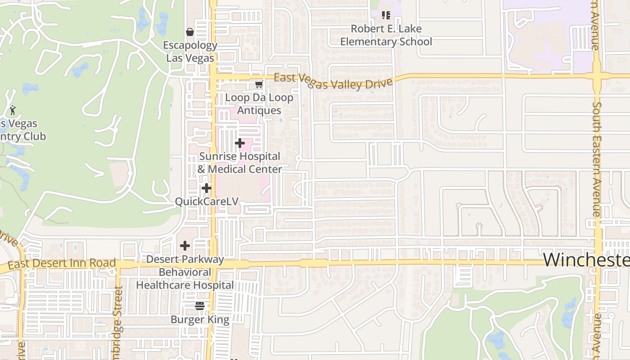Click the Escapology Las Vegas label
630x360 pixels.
pyautogui.click(x=190, y=52)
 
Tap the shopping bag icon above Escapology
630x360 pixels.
pyautogui.click(x=190, y=32)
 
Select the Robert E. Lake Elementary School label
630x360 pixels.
pyautogui.click(x=386, y=35)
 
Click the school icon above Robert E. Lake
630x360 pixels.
pyautogui.click(x=386, y=15)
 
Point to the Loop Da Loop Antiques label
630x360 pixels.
pyautogui.click(x=259, y=104)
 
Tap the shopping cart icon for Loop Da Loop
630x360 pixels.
pyautogui.click(x=259, y=84)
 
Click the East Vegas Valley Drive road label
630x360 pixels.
pyautogui.click(x=333, y=81)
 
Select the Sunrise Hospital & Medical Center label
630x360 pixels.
pyautogui.click(x=240, y=163)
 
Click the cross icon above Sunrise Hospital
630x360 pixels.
pyautogui.click(x=240, y=143)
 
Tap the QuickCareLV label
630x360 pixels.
pyautogui.click(x=207, y=202)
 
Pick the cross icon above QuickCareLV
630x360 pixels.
pyautogui.click(x=207, y=188)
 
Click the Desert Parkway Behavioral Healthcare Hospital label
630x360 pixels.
pyautogui.click(x=185, y=272)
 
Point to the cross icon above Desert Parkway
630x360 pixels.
pyautogui.click(x=184, y=246)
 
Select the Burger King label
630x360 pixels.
pyautogui.click(x=200, y=320)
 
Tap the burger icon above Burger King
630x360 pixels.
pyautogui.click(x=200, y=306)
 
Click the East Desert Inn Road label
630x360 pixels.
pyautogui.click(x=62, y=264)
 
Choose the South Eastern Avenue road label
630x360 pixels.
pyautogui.click(x=597, y=160)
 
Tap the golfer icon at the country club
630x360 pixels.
pyautogui.click(x=13, y=110)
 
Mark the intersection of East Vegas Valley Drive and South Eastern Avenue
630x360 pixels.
pyautogui.click(x=597, y=76)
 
